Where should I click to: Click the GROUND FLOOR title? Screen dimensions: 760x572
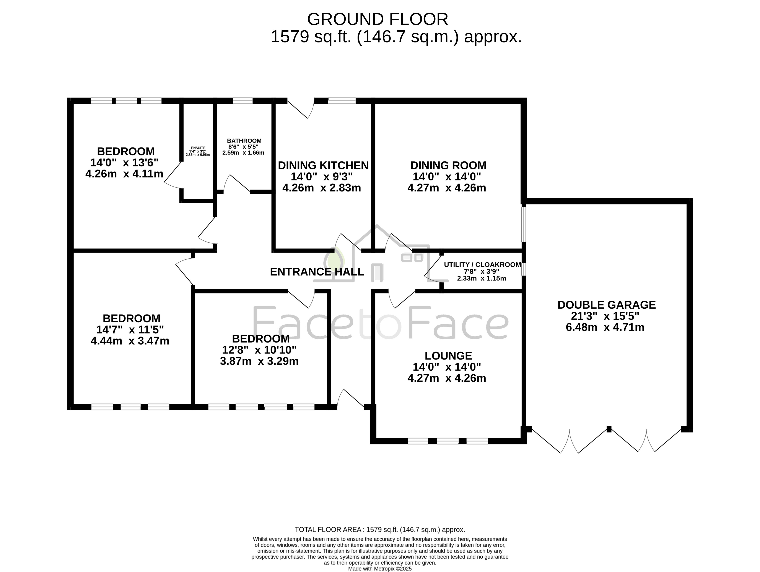tap(377, 19)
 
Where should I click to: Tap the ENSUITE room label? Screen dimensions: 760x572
tap(198, 148)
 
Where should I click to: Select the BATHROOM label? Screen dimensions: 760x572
tap(244, 141)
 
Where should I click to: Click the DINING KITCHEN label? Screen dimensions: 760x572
tap(323, 165)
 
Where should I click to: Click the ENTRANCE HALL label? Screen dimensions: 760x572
tap(317, 272)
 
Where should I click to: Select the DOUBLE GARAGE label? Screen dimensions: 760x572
tap(606, 305)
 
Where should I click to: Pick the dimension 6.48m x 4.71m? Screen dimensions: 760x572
tap(605, 327)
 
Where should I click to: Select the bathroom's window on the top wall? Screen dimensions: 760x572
tap(242, 101)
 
